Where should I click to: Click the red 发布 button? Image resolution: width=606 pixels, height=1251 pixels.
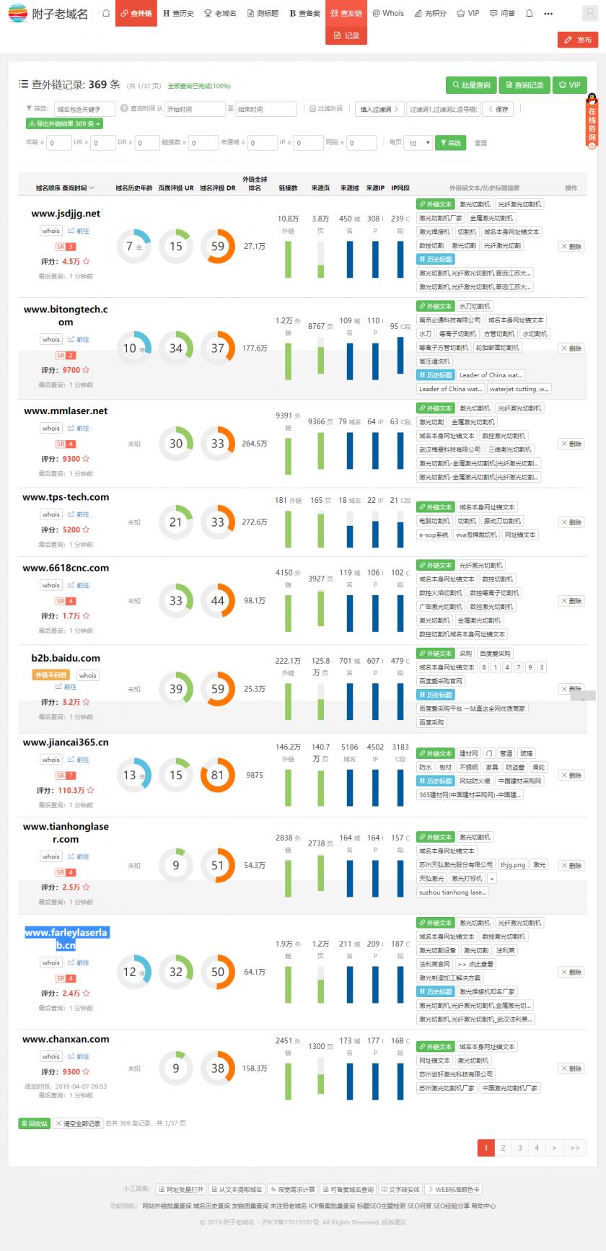578,40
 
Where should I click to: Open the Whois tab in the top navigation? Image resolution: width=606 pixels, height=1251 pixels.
388,13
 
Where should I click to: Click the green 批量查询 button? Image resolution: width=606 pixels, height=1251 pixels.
471,85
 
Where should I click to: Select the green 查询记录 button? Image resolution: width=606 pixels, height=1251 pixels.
524,85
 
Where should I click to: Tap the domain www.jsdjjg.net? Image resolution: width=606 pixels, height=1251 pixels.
66,214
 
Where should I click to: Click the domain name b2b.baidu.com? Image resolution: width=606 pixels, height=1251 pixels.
66,658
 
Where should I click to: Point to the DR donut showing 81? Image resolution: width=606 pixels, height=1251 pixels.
217,775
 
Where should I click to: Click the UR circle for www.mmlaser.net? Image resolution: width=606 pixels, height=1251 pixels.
176,444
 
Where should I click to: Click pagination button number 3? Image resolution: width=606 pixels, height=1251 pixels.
519,1147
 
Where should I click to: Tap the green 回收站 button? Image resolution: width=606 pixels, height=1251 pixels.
34,1123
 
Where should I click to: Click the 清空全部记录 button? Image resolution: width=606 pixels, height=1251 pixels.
78,1123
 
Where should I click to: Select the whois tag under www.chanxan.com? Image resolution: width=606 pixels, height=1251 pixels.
51,1056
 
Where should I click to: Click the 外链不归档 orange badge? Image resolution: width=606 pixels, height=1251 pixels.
50,675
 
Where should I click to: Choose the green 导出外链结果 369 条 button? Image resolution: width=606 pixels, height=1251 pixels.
64,123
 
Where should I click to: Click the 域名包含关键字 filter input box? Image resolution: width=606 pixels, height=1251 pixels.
84,109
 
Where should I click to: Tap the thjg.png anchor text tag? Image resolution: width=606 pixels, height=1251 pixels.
513,864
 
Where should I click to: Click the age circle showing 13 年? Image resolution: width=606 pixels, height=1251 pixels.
133,775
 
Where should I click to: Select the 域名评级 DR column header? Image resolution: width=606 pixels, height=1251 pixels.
218,188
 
